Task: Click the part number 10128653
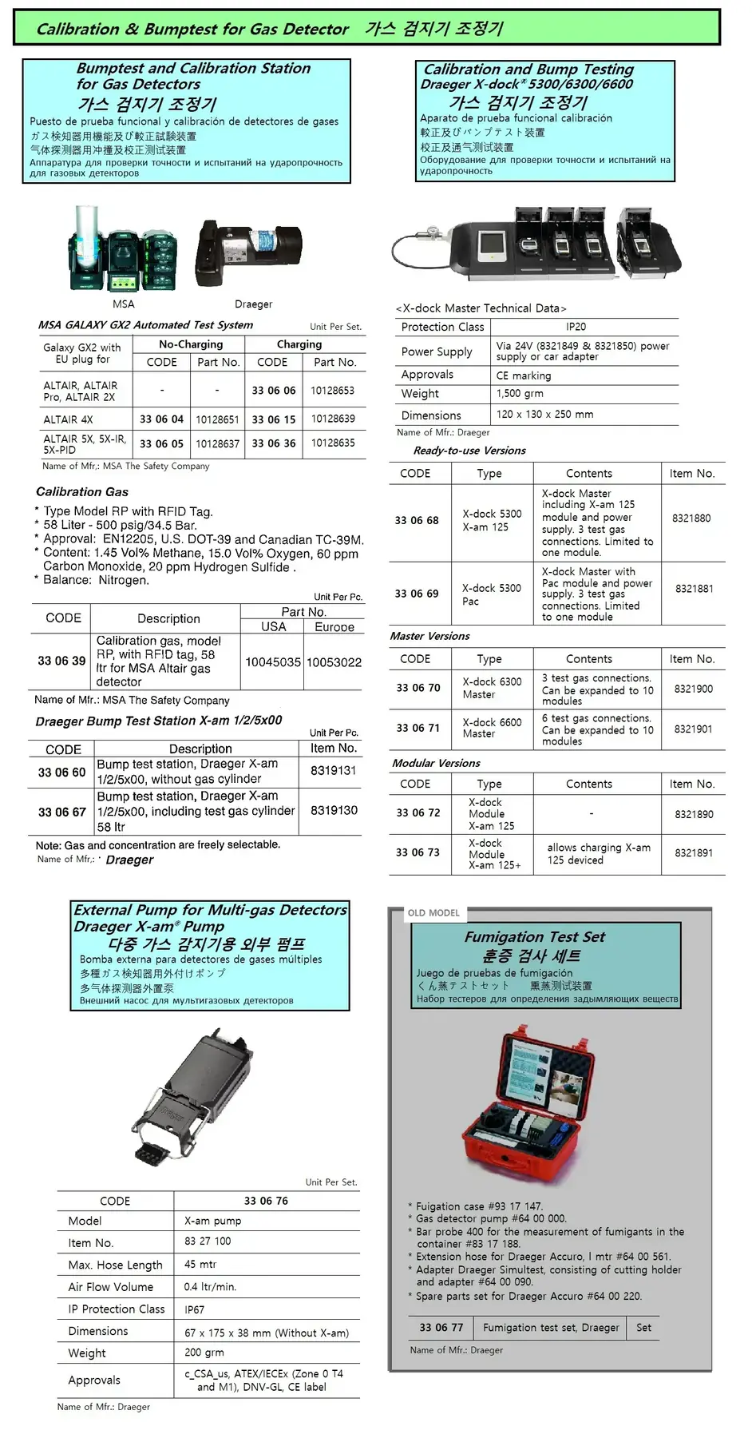(x=333, y=391)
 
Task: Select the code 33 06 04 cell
(x=161, y=419)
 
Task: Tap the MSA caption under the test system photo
(x=124, y=304)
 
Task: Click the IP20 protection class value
(x=576, y=327)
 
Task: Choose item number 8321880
(x=691, y=518)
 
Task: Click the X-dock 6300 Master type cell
(x=492, y=688)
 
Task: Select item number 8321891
(x=694, y=853)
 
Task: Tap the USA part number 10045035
(x=272, y=662)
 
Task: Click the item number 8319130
(x=334, y=810)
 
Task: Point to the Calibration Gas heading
(x=82, y=492)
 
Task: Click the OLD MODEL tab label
(x=433, y=913)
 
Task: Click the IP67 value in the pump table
(x=195, y=1310)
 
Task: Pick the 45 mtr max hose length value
(x=200, y=1265)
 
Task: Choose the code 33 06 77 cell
(x=441, y=1328)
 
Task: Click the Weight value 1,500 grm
(x=520, y=394)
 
